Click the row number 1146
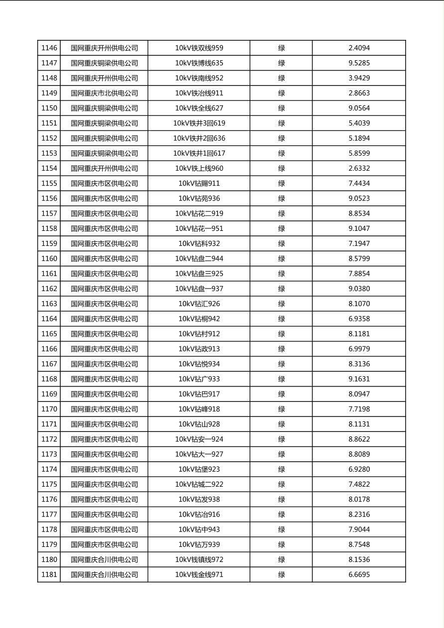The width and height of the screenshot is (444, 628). [x=49, y=48]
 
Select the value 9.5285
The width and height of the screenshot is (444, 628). [x=359, y=63]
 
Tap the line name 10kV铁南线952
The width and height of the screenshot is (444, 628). [x=199, y=78]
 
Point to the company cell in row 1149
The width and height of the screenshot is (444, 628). [x=104, y=93]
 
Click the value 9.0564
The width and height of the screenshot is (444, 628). [x=359, y=108]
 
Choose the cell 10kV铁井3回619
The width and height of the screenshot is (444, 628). [x=199, y=123]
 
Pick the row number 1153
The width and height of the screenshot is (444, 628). [x=49, y=153]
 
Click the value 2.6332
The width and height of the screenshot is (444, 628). [x=359, y=168]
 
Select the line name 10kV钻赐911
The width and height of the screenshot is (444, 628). [x=199, y=183]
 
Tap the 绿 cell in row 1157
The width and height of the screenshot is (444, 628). [x=281, y=213]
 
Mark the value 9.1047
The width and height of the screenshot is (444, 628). [x=359, y=228]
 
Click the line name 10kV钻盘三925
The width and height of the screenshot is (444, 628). [x=199, y=274]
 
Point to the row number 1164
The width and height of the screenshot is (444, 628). [x=49, y=318]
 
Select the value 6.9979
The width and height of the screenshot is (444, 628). [x=359, y=349]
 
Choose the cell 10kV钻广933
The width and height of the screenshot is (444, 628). [x=199, y=379]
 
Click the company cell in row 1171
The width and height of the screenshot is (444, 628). [x=104, y=424]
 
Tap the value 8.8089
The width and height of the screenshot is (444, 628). [x=359, y=454]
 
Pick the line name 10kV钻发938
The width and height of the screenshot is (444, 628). [x=199, y=499]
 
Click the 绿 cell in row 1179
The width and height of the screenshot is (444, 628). [x=281, y=544]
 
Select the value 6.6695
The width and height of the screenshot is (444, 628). [x=359, y=574]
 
